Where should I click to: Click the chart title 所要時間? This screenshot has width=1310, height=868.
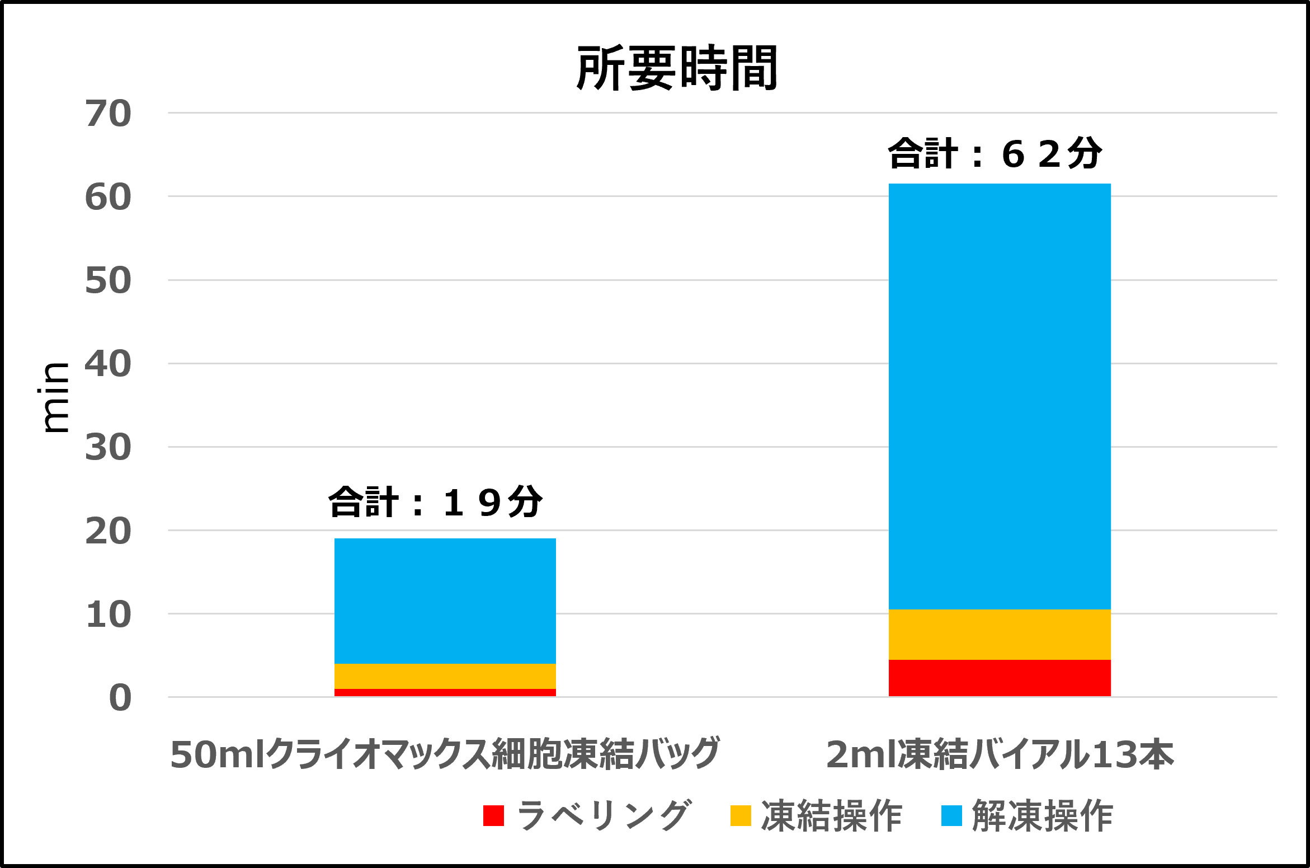(x=677, y=68)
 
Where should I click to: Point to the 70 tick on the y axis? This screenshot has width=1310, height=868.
(x=109, y=114)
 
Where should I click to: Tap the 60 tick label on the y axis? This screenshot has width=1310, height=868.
(x=109, y=197)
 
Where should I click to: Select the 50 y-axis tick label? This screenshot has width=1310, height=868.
(x=109, y=280)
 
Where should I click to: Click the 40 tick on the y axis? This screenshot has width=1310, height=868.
(x=109, y=364)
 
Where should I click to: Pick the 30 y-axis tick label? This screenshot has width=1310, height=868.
(x=109, y=447)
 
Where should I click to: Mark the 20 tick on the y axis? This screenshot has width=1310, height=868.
(x=109, y=531)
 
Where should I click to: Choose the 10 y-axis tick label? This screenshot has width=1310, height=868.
(x=109, y=614)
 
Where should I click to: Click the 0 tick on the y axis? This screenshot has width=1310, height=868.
(x=120, y=698)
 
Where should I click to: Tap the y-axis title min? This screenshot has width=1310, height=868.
(x=55, y=397)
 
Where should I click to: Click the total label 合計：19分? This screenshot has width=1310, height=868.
(x=435, y=502)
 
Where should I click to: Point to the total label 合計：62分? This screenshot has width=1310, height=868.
(x=995, y=153)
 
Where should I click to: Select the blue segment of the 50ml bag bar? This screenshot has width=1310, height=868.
(x=445, y=601)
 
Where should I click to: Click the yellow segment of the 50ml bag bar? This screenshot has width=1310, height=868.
(x=445, y=676)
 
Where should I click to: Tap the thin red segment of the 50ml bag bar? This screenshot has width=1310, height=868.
(x=445, y=693)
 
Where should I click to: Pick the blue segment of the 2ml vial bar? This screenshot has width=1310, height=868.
(x=1000, y=396)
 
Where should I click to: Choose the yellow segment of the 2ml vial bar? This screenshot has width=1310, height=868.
(x=1000, y=635)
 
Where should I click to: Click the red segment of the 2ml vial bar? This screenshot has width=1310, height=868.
(x=1000, y=678)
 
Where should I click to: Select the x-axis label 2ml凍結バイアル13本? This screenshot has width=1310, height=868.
(x=1000, y=754)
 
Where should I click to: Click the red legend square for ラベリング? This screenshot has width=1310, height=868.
(x=493, y=815)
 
